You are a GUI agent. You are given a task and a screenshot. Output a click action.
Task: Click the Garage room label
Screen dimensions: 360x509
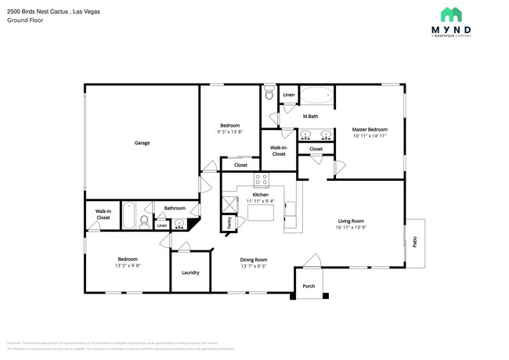[142, 142]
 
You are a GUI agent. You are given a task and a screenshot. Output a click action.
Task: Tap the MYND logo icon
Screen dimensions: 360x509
[450, 14]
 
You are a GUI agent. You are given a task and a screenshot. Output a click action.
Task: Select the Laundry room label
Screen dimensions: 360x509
[190, 272]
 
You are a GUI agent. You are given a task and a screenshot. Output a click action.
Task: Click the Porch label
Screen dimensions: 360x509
[309, 286]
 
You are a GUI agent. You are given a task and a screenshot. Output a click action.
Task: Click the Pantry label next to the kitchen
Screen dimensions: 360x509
[229, 222]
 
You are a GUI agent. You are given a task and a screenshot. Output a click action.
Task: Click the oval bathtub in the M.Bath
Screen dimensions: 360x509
[316, 97]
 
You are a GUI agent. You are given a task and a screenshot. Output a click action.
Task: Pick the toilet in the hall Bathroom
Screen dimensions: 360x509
[143, 223]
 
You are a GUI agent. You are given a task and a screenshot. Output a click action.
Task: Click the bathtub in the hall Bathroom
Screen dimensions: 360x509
[129, 215]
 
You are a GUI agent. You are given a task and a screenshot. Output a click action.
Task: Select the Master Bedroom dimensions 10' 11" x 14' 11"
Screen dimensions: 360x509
[369, 135]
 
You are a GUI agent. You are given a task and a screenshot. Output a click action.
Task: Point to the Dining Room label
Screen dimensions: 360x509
[254, 259]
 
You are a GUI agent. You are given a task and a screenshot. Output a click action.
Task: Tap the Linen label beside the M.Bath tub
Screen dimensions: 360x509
[289, 95]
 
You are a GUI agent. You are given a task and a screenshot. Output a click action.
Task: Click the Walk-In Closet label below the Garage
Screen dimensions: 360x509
[103, 214]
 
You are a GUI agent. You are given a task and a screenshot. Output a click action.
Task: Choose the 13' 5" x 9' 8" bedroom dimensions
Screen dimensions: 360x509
[128, 265]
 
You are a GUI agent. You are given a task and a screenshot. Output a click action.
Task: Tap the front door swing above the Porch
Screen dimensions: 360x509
[312, 260]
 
